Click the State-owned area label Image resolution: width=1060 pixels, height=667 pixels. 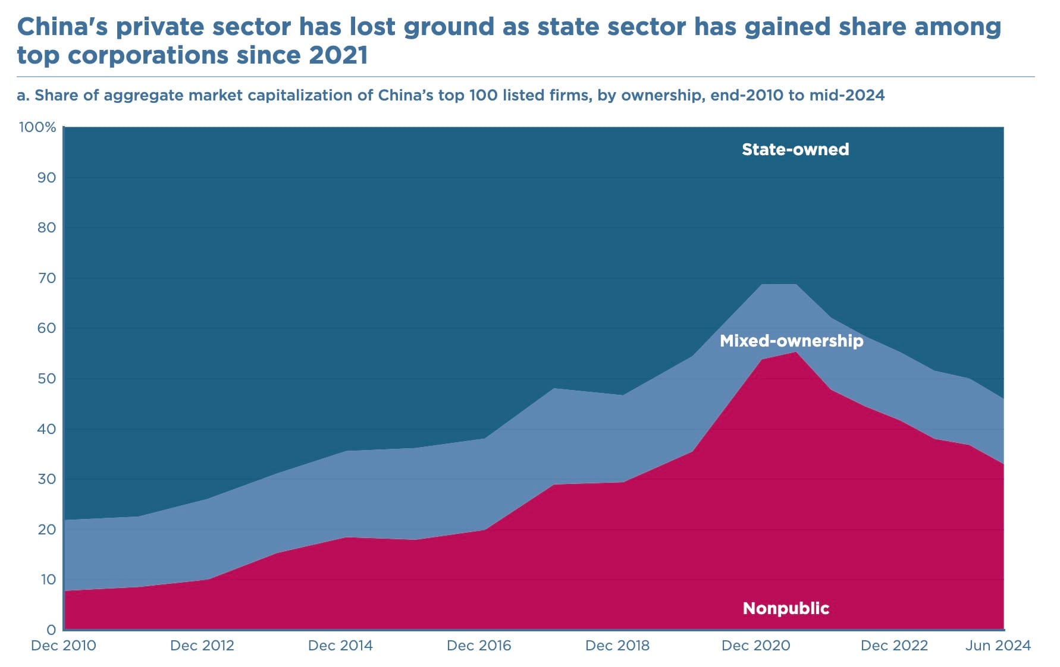point(795,149)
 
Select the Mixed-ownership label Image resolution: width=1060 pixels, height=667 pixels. point(791,341)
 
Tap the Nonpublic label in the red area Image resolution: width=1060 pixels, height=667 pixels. point(786,608)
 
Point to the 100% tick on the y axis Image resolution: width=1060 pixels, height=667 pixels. point(37,127)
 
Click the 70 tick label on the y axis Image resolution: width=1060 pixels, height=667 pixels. point(46,278)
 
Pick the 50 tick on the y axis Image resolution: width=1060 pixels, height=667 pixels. point(46,379)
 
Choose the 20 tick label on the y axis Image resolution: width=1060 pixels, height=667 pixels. point(46,529)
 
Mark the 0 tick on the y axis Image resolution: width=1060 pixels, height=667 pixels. point(51,630)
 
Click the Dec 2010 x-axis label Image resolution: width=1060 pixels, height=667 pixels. point(64,646)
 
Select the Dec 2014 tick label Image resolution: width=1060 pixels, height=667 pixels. point(340,646)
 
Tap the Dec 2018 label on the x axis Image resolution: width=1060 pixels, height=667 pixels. point(617,646)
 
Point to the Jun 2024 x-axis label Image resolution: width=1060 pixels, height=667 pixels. point(998,646)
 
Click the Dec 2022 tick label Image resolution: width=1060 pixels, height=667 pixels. point(894,646)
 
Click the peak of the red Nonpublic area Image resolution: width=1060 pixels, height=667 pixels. point(796,353)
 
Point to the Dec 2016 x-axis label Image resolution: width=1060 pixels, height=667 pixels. point(479,646)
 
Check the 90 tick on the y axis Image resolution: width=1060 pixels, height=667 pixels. point(46,178)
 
